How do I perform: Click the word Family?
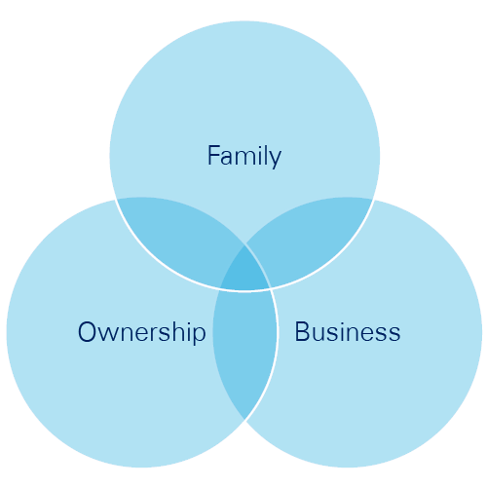pos(244,157)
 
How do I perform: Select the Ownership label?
pos(142,332)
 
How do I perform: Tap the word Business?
pos(348,331)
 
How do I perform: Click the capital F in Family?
pos(213,156)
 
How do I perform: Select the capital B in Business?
pos(301,331)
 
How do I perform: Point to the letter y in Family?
pos(275,160)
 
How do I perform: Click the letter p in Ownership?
pos(199,336)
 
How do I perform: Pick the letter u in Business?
pos(318,334)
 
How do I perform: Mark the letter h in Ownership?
pos(176,331)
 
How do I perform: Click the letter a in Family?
pos(227,158)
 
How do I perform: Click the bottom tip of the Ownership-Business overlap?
pos(244,419)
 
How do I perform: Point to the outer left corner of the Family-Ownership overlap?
pos(116,199)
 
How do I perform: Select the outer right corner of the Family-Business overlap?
pos(373,199)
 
